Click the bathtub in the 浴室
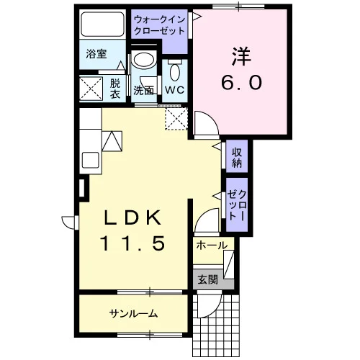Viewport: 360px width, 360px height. coord(103,24)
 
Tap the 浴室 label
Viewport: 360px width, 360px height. coord(96,54)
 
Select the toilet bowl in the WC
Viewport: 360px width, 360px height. coord(175,72)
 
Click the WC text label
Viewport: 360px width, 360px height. coord(175,90)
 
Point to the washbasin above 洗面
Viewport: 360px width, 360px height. coord(143,60)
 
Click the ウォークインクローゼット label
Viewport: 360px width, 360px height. coord(160,25)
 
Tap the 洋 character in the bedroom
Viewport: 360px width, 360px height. coord(241,56)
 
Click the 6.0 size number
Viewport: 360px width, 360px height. coord(241,82)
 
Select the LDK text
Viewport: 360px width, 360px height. coord(132,217)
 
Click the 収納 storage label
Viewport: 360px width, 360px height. coord(237,158)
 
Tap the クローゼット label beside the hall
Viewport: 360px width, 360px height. coord(237,205)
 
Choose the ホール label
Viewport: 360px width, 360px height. coord(212,246)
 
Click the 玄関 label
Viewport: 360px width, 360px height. coord(208,279)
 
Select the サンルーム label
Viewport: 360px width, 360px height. coord(133,313)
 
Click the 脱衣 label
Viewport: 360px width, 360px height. coord(115,89)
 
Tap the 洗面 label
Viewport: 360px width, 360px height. coord(143,91)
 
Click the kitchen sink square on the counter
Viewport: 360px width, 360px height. coord(91,160)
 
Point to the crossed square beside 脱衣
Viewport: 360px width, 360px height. coord(91,88)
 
